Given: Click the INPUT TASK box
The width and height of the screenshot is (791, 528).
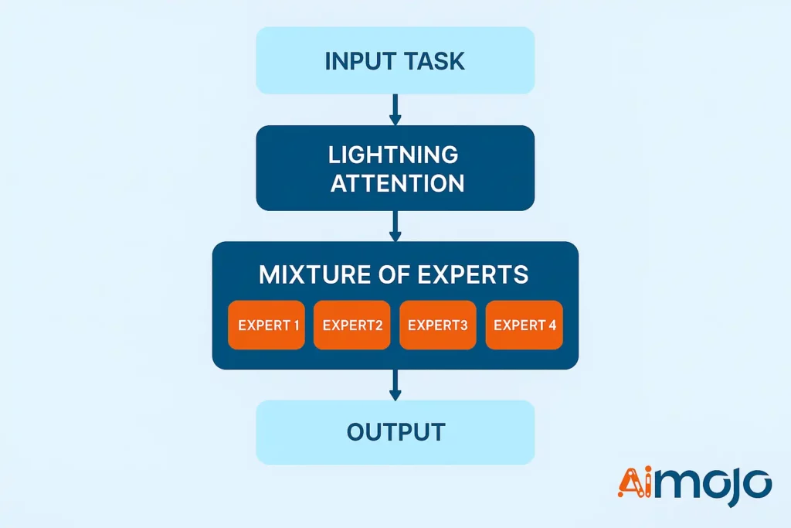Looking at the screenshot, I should pyautogui.click(x=395, y=61).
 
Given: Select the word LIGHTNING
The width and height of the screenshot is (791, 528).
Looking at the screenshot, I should pyautogui.click(x=393, y=155).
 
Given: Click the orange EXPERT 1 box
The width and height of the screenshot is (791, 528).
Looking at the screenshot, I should pyautogui.click(x=266, y=325).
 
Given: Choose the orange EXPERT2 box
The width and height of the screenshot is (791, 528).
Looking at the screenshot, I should pyautogui.click(x=352, y=325).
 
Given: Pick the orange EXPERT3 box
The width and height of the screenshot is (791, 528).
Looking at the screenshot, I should pyautogui.click(x=438, y=325).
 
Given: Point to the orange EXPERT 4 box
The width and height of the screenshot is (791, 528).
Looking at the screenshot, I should pyautogui.click(x=524, y=325).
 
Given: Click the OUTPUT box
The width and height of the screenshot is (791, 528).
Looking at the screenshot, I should pyautogui.click(x=395, y=432).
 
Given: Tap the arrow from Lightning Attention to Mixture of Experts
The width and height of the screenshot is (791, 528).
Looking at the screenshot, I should pyautogui.click(x=395, y=226).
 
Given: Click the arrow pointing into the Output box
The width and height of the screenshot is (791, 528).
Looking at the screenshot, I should pyautogui.click(x=395, y=384).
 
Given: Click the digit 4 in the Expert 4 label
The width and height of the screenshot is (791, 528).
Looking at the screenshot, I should pyautogui.click(x=552, y=325).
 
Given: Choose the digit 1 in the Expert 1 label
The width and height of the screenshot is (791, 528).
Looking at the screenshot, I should pyautogui.click(x=296, y=325).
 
